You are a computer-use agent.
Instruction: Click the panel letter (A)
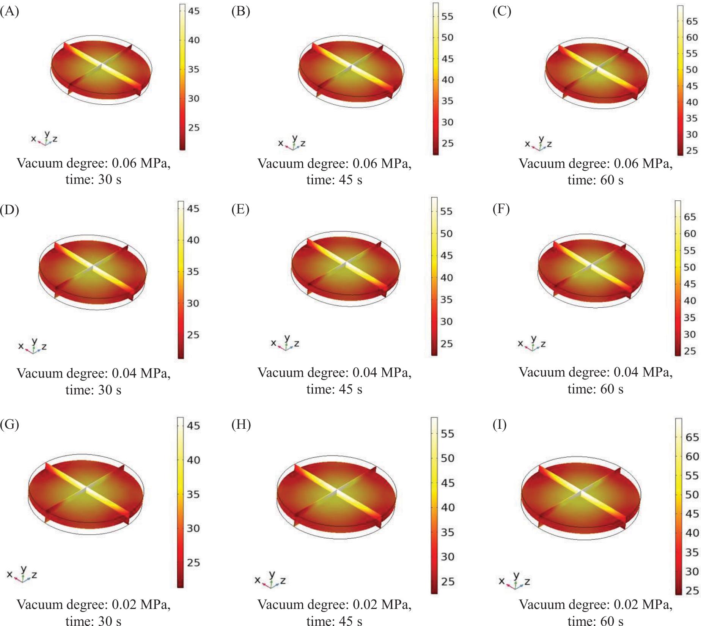[9, 12]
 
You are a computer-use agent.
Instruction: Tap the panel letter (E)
[240, 209]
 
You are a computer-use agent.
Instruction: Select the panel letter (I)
[500, 425]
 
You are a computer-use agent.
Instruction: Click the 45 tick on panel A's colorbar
[193, 11]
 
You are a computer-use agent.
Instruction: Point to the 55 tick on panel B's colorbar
[447, 16]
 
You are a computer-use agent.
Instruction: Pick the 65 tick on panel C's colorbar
[692, 21]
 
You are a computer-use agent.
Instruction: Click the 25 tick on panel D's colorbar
[193, 335]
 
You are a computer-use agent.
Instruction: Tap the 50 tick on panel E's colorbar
[446, 234]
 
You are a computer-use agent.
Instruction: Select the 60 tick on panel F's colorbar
[690, 234]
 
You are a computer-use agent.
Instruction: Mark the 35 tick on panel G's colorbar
[193, 494]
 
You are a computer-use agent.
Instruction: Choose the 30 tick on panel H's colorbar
[447, 557]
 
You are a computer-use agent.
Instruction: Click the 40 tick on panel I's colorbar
[692, 533]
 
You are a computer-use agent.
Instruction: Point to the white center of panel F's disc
[591, 264]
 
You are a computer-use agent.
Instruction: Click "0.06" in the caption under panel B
[365, 164]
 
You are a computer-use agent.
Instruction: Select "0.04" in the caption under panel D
[124, 373]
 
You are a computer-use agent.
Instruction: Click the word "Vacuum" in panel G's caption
[39, 604]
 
